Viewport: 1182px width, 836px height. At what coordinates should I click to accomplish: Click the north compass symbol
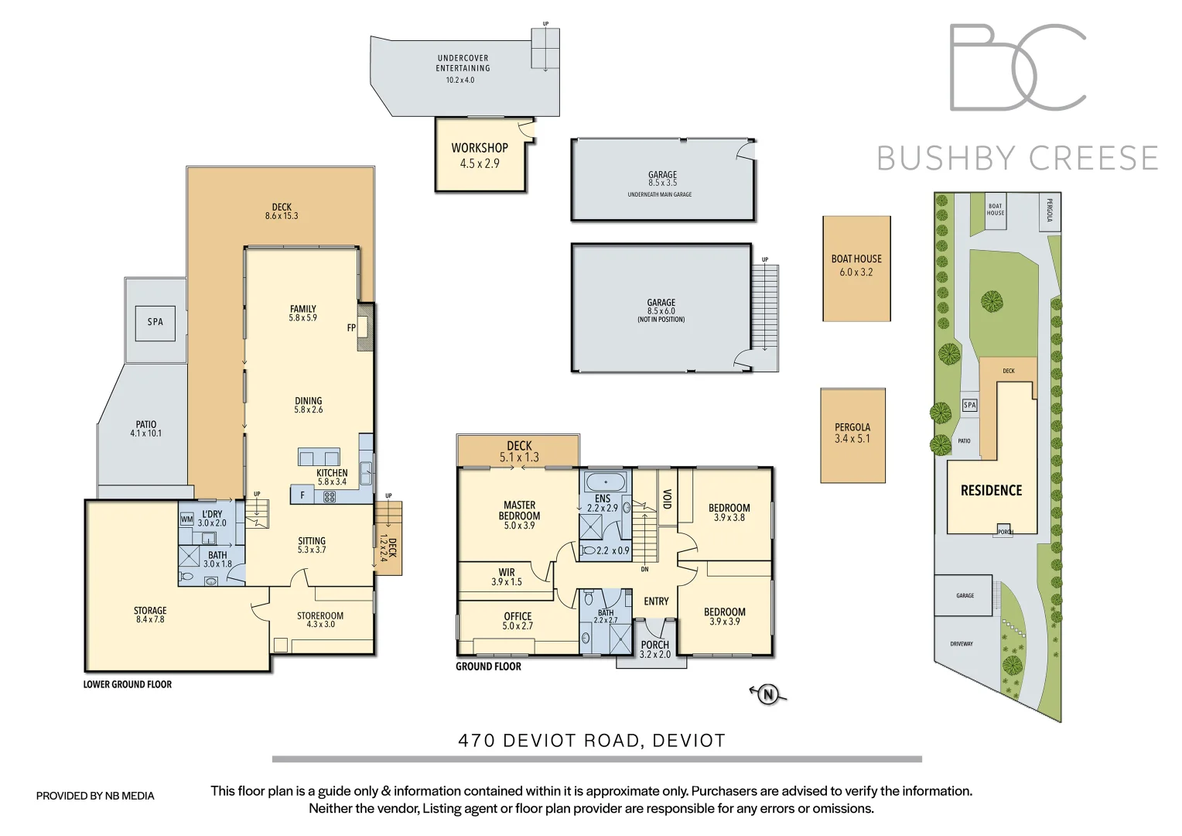[768, 694]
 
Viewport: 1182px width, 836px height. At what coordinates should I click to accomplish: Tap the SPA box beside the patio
[155, 322]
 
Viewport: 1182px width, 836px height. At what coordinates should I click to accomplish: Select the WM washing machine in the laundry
[186, 519]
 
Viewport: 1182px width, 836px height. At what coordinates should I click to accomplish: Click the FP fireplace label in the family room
[351, 328]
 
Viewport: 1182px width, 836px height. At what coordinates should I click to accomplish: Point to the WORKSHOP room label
[480, 148]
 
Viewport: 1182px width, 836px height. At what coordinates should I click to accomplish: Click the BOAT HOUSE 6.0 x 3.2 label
[856, 266]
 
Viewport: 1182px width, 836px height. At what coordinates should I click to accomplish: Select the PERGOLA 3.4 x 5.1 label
[852, 433]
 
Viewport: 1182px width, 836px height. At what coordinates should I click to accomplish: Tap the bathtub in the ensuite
[606, 482]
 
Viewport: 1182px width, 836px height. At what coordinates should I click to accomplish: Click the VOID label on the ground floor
[667, 499]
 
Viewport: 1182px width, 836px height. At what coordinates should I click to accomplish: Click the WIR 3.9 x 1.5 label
[507, 577]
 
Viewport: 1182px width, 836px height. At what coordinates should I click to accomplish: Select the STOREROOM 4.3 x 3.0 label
[320, 620]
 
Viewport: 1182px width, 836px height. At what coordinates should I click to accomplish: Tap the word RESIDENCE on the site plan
[991, 491]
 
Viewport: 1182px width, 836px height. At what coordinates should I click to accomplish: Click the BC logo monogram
[1017, 67]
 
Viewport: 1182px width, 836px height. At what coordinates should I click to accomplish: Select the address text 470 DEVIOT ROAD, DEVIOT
[592, 741]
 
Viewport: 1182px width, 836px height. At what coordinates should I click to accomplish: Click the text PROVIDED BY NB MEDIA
[95, 796]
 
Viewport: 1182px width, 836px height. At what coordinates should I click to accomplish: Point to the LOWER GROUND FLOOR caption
[128, 684]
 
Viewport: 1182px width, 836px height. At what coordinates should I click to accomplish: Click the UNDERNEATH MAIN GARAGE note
[660, 195]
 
